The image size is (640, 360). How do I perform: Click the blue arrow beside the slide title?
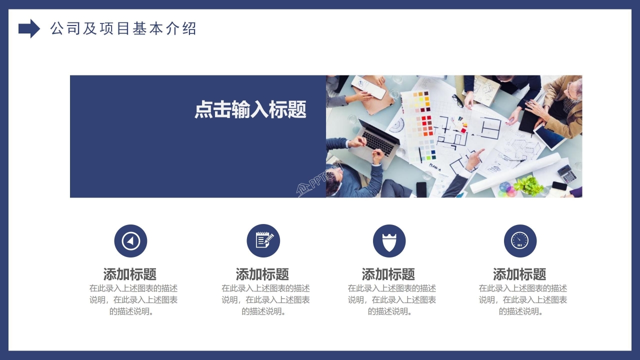29,28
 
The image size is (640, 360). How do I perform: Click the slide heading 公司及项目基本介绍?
123,28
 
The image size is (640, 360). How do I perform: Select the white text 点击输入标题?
250,110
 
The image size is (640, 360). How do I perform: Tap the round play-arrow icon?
130,241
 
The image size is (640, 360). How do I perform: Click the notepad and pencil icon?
263,241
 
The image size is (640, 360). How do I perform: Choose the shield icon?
389,241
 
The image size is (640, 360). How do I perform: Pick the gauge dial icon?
520,241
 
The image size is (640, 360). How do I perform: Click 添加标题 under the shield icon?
388,274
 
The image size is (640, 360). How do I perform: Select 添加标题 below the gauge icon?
519,274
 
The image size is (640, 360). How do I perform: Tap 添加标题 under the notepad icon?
262,274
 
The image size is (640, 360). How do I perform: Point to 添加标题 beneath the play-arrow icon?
130,274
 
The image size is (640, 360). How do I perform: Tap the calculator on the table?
567,173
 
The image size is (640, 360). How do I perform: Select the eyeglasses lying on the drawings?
458,100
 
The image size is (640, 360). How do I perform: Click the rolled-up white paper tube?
515,172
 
